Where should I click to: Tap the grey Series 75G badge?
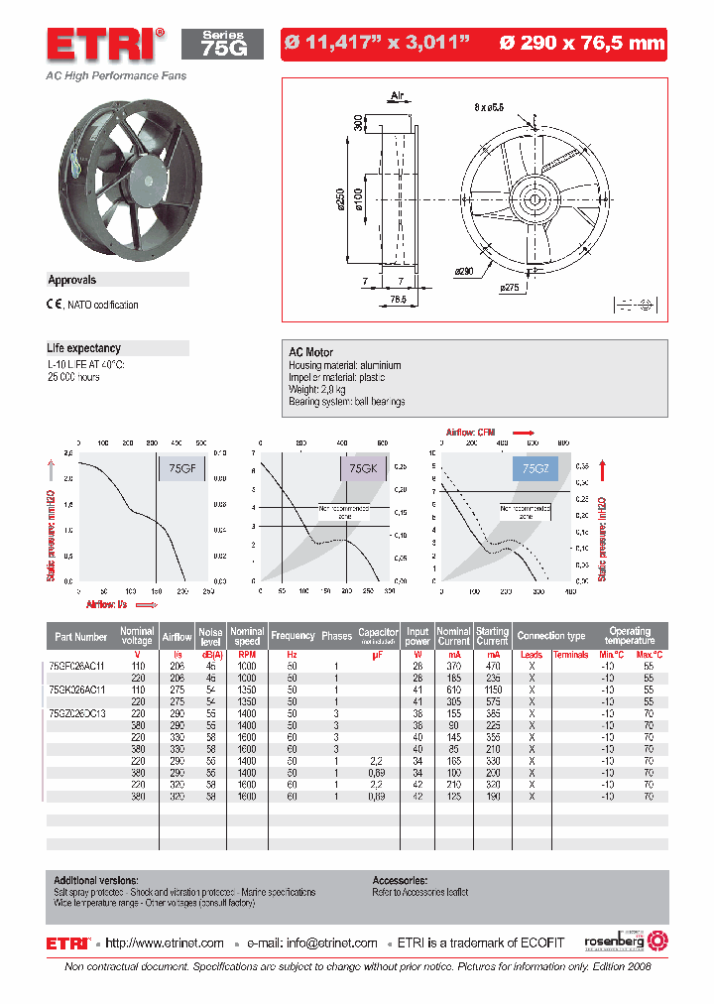click(222, 44)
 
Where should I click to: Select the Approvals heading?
click(72, 281)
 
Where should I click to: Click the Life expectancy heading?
click(84, 348)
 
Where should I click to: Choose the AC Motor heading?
click(310, 352)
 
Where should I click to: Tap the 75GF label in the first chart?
click(181, 468)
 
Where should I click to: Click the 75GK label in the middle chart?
click(365, 468)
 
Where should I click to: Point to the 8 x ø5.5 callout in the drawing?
click(489, 105)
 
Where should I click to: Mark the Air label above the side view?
click(398, 96)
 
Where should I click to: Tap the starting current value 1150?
click(492, 689)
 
